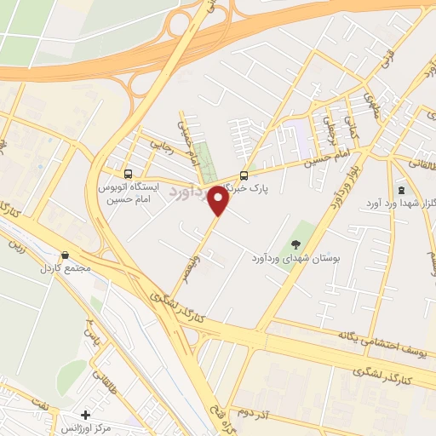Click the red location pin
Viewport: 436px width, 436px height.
coord(218,202)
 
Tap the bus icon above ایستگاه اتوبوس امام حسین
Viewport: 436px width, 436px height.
coord(127,169)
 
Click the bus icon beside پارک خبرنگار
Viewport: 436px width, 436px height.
coord(244,170)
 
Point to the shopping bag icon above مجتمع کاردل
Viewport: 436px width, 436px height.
coord(66,255)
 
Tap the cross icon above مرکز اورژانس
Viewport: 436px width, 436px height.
coord(83,413)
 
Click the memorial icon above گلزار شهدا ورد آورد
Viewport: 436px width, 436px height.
coord(400,190)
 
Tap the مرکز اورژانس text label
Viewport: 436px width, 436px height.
coord(100,427)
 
